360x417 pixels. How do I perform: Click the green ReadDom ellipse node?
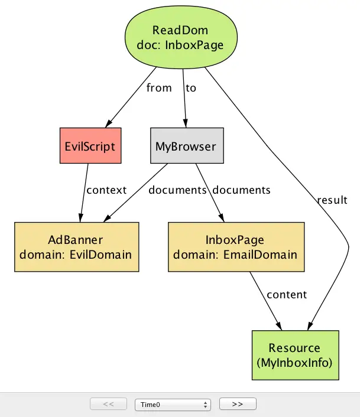click(x=181, y=37)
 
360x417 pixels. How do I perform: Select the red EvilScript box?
click(x=90, y=145)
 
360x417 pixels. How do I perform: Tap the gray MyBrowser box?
click(x=187, y=145)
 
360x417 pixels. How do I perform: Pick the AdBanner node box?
click(x=77, y=247)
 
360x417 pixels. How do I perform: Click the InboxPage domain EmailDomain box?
click(x=236, y=247)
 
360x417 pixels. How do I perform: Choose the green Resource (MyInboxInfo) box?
click(x=296, y=355)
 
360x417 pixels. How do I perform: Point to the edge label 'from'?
click(x=159, y=87)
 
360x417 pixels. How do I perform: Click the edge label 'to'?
click(x=191, y=88)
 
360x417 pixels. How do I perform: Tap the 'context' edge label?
click(x=106, y=190)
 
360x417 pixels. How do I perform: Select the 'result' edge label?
click(x=332, y=200)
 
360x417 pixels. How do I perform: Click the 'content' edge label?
click(x=287, y=295)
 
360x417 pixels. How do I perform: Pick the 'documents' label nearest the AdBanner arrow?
click(x=177, y=190)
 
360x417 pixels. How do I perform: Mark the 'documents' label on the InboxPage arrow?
click(x=241, y=190)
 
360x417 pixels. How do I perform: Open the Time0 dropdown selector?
click(x=173, y=405)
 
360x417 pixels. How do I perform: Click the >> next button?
click(x=238, y=404)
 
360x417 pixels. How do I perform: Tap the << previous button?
click(x=109, y=404)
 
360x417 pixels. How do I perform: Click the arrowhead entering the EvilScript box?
click(x=109, y=123)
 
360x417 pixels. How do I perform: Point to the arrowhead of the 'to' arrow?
click(x=186, y=123)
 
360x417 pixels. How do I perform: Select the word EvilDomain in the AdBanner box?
click(x=100, y=255)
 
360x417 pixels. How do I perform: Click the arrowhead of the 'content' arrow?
click(x=279, y=326)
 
